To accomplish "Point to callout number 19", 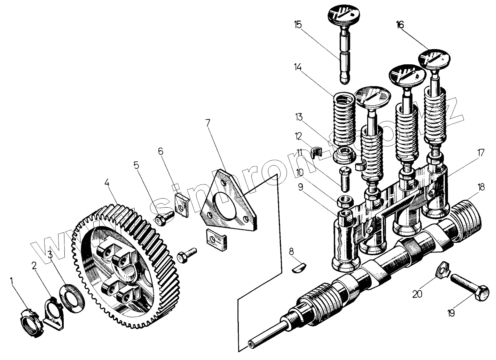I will click(x=451, y=313).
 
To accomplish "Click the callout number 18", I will click(x=481, y=187).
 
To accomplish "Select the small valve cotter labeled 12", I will click(x=316, y=152).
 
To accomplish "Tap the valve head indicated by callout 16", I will click(x=434, y=59).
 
